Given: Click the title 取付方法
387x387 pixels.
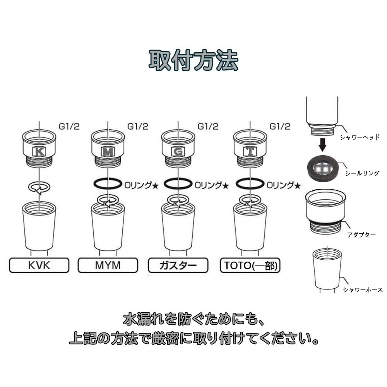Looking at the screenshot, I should (193, 60).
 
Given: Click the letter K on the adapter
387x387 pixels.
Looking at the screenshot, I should (39, 151).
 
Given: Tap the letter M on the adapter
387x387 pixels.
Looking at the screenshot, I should (108, 152).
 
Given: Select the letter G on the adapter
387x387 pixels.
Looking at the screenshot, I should (178, 152).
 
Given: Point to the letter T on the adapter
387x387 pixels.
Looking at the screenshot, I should (250, 152).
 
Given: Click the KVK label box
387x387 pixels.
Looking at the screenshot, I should (39, 265).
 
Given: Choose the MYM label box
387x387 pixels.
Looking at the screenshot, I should (108, 265).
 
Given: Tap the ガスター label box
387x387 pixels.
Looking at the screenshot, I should (178, 265).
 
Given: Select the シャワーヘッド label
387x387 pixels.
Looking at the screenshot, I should (360, 137).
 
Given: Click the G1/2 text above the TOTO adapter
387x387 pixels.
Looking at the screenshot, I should (280, 127).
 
